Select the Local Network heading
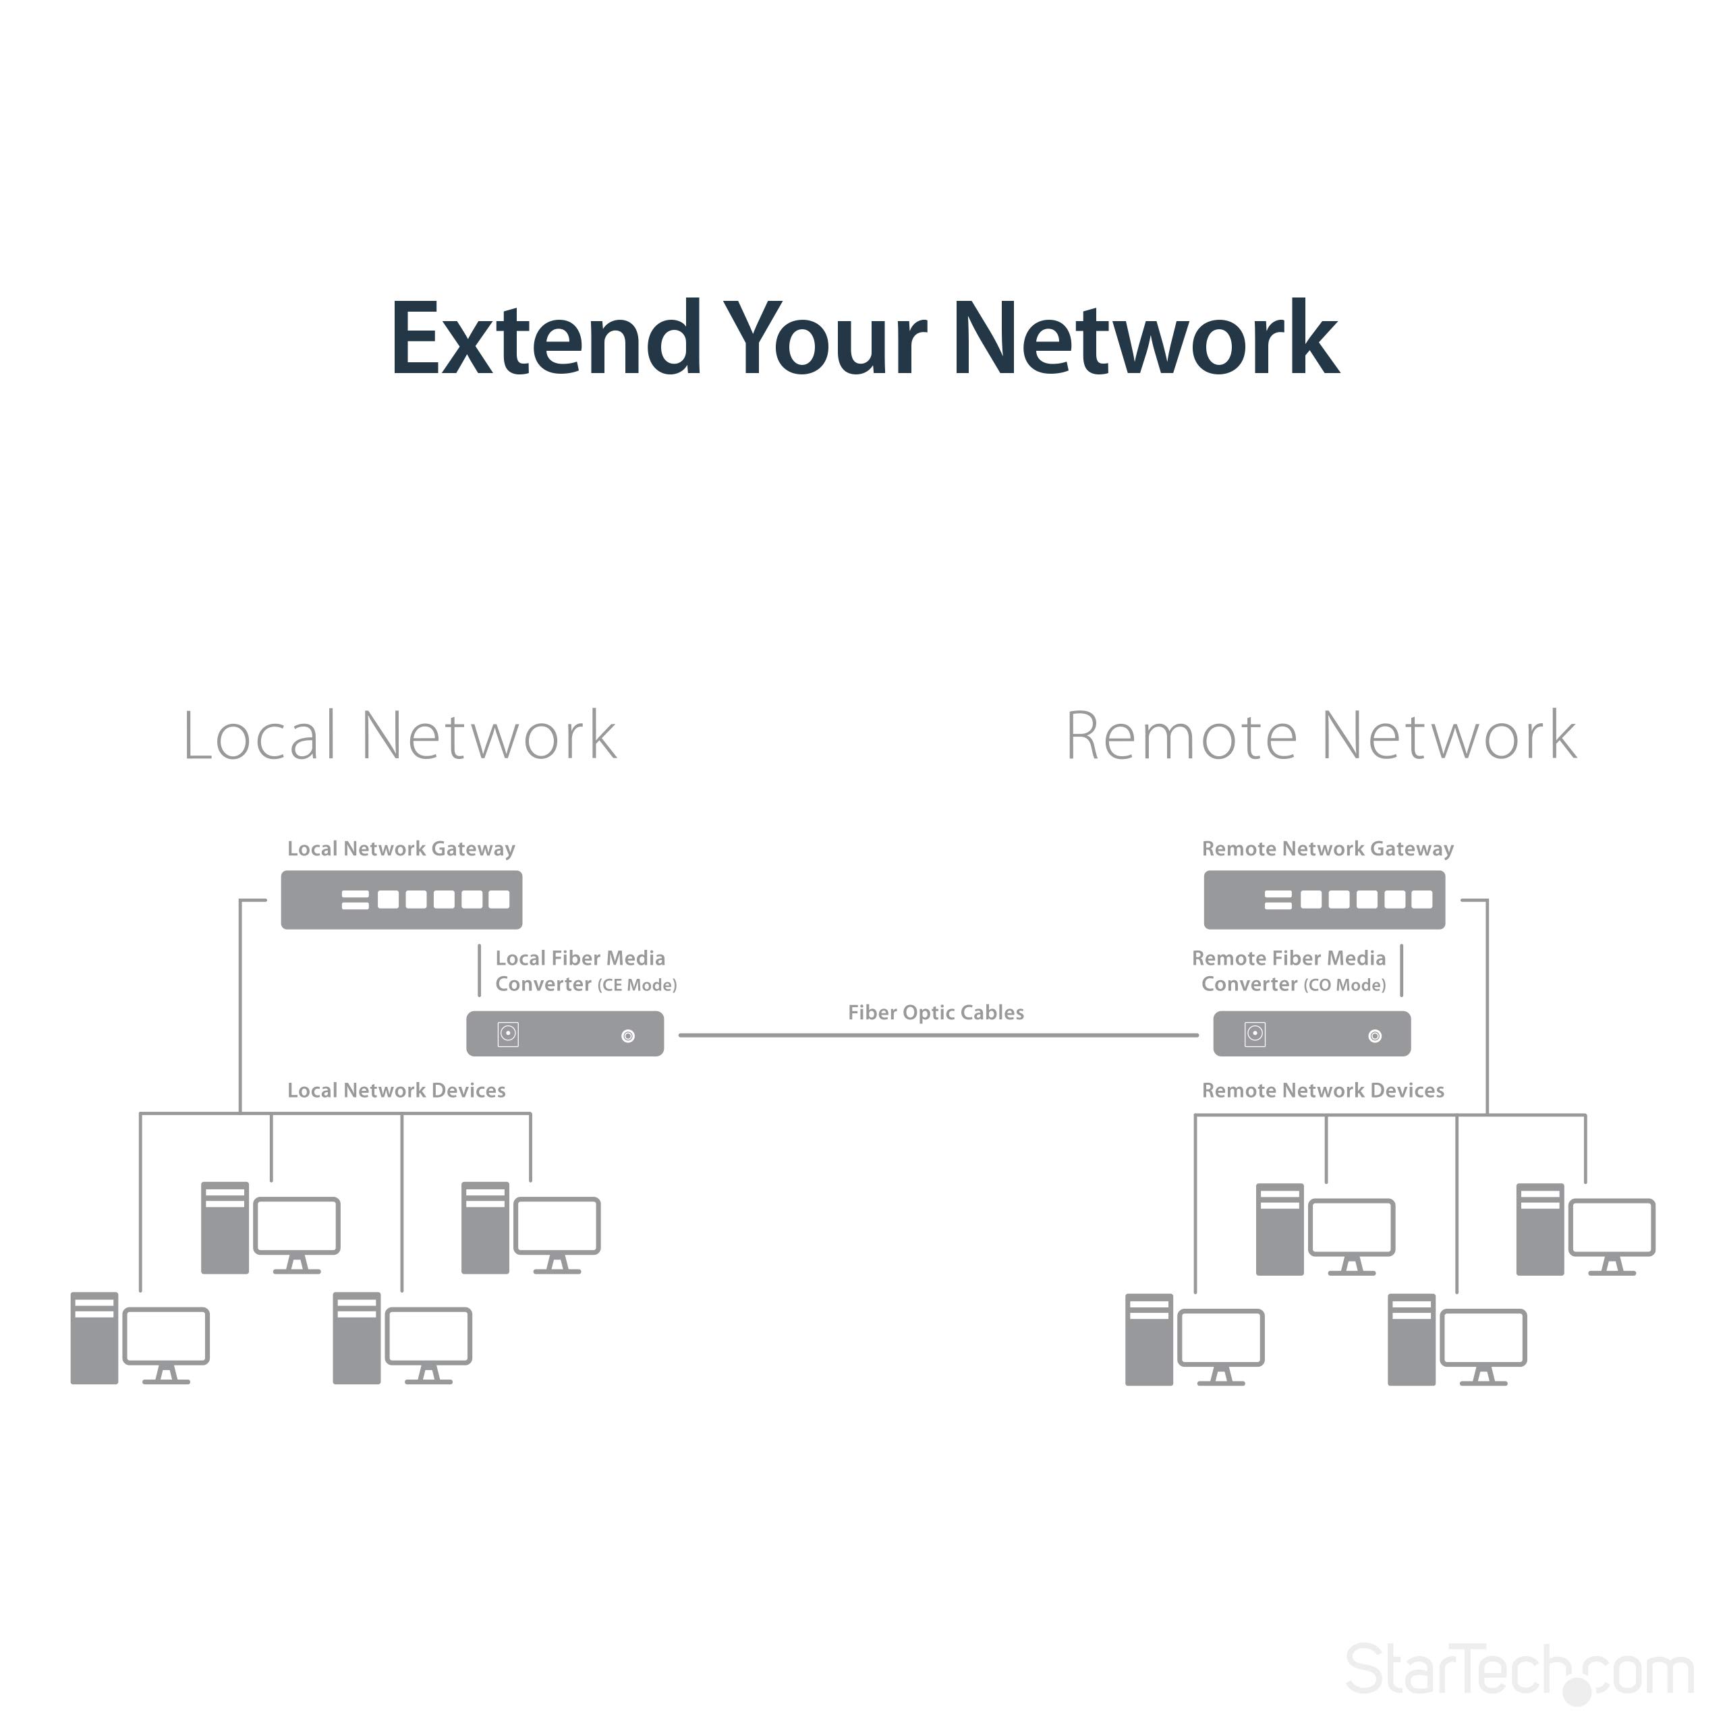399,737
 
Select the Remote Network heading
1321,737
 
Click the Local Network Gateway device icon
401,900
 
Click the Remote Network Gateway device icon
1324,900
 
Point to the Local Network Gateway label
401,849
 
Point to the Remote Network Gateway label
1328,849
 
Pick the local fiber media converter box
565,1034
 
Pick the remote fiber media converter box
1311,1034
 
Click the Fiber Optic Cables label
936,1013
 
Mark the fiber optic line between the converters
938,1035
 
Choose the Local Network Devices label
396,1091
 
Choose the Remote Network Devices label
1323,1091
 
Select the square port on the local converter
508,1034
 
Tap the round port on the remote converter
1375,1036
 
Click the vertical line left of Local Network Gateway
240,1001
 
